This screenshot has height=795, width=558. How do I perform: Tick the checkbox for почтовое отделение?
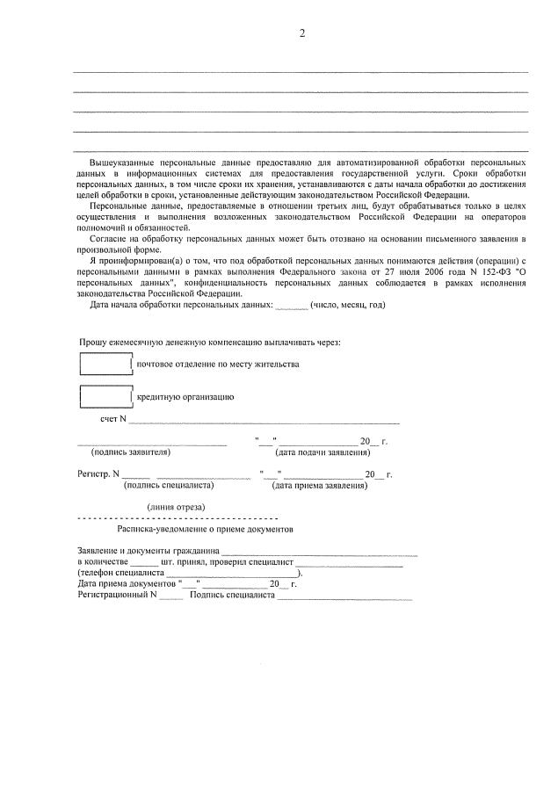click(x=105, y=363)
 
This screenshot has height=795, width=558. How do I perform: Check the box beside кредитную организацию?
click(x=105, y=396)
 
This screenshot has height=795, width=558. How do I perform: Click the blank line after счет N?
click(x=264, y=421)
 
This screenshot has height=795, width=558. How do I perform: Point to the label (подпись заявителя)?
click(x=131, y=452)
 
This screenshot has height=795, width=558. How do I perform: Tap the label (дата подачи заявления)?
click(x=322, y=452)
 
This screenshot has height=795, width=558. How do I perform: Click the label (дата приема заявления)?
click(x=314, y=484)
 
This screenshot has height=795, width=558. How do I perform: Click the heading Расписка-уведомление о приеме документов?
click(x=205, y=530)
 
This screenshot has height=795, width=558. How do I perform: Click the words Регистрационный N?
click(x=117, y=594)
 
